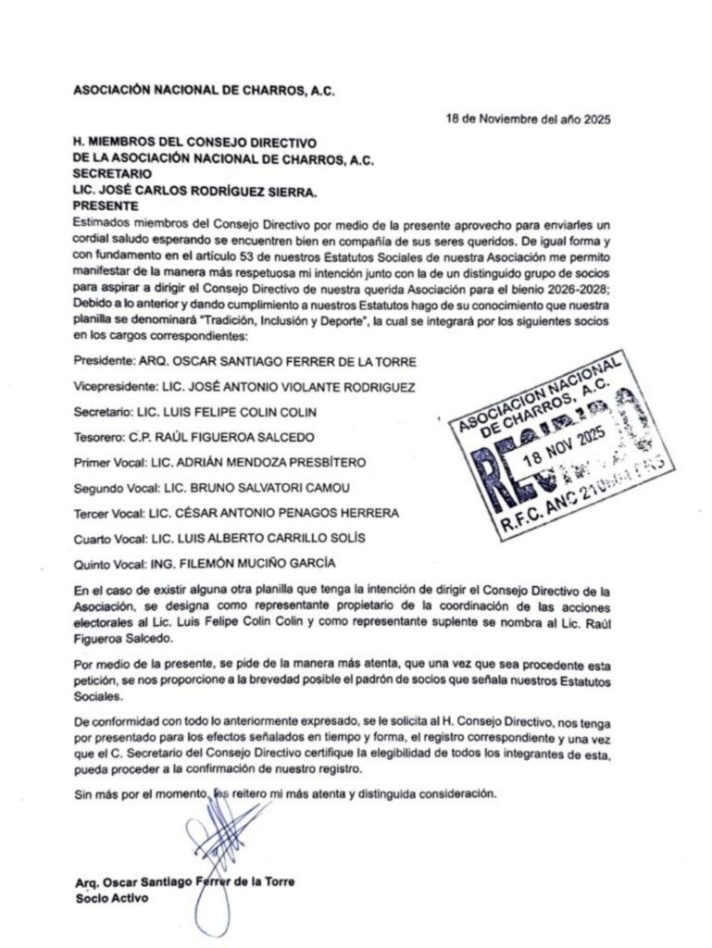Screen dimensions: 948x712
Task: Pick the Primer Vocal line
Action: pos(220,461)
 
